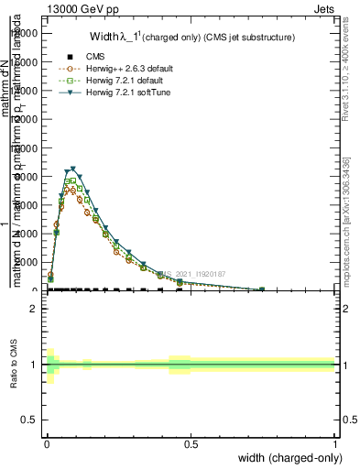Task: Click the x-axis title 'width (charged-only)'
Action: (x=285, y=459)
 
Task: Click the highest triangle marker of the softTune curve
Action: (x=72, y=169)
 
